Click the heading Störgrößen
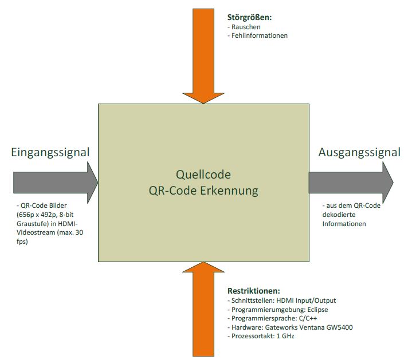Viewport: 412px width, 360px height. coord(249,18)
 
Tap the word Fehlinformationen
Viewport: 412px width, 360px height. coord(260,35)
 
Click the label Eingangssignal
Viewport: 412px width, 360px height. coord(50,152)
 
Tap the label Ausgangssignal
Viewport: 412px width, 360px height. coord(359,152)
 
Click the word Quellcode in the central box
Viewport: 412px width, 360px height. coord(203,174)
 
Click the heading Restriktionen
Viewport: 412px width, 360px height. coord(253,291)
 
